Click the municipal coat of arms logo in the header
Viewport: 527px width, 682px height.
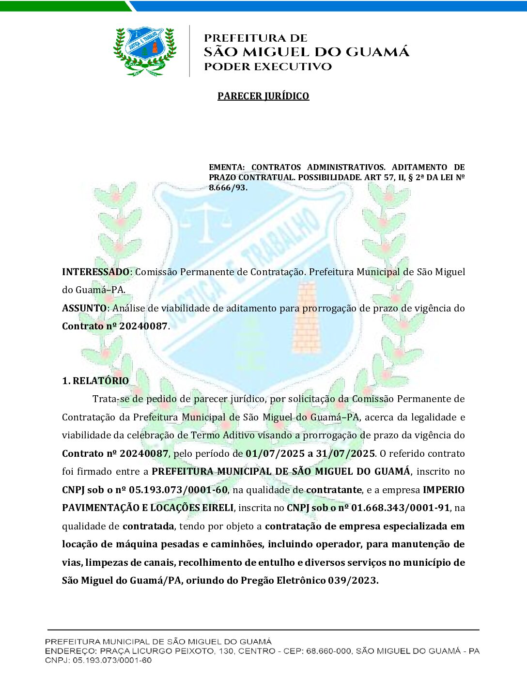144,51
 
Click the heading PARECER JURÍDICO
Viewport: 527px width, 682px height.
263,96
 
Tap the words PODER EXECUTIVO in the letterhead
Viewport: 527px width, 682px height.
268,67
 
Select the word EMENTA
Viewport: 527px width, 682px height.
226,167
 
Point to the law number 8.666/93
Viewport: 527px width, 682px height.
228,187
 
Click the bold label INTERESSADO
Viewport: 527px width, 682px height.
96,272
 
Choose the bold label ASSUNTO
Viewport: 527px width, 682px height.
84,308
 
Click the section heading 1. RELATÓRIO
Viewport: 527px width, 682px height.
95,381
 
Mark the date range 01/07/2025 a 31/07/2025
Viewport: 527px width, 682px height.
310,453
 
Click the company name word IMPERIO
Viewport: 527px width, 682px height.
444,490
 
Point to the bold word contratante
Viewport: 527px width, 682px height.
334,490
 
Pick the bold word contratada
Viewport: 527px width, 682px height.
148,526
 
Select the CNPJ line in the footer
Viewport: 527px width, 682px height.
98,660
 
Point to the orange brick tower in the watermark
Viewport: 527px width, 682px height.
306,317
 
